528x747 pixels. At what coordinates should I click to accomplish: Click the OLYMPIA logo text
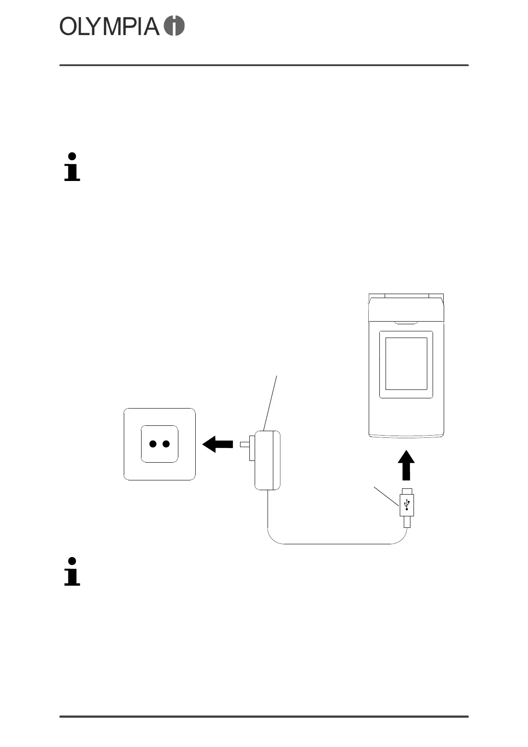[x=109, y=27]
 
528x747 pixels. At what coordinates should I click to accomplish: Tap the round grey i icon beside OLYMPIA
[x=174, y=26]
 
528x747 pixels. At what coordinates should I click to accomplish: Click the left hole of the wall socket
[x=153, y=444]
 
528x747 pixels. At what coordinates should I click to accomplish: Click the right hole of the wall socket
[x=166, y=444]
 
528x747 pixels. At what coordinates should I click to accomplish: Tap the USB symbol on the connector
[x=407, y=504]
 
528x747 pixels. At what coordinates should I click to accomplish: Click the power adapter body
[x=267, y=460]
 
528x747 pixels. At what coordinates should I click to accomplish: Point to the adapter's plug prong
[x=245, y=444]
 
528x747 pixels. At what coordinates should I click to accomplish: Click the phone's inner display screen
[x=406, y=364]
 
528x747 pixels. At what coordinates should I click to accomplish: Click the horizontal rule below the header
[x=264, y=65]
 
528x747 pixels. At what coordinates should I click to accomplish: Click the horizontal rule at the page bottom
[x=264, y=716]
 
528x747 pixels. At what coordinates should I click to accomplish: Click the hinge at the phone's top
[x=406, y=296]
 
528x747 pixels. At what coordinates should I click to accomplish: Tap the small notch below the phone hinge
[x=406, y=322]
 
